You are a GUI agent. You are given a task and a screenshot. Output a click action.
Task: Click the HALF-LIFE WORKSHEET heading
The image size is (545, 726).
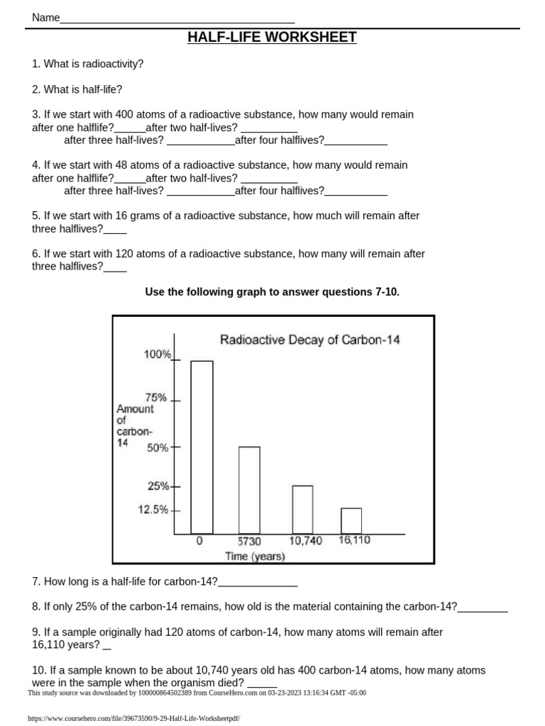tap(272, 38)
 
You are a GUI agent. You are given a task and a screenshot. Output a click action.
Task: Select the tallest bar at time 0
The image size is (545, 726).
tap(202, 447)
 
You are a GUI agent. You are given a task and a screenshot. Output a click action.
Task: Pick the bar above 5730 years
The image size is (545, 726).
tap(249, 490)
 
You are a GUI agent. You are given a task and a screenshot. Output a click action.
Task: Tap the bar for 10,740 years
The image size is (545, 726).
tap(302, 509)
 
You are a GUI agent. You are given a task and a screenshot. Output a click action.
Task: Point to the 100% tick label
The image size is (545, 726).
tap(158, 354)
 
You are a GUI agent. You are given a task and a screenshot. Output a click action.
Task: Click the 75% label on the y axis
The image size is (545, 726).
tap(156, 398)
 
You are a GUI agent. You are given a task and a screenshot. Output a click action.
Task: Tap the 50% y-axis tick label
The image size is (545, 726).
tap(158, 448)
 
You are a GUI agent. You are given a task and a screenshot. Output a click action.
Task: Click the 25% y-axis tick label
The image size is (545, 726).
tap(158, 486)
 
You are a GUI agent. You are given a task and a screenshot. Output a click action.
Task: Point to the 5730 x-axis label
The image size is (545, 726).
tap(249, 541)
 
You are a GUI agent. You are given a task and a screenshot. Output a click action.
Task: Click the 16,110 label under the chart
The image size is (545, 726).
tap(354, 540)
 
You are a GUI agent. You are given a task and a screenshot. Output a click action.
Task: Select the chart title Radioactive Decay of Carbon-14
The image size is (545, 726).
tap(310, 340)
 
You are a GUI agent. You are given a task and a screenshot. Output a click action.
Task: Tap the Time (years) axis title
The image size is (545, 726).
tap(255, 557)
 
